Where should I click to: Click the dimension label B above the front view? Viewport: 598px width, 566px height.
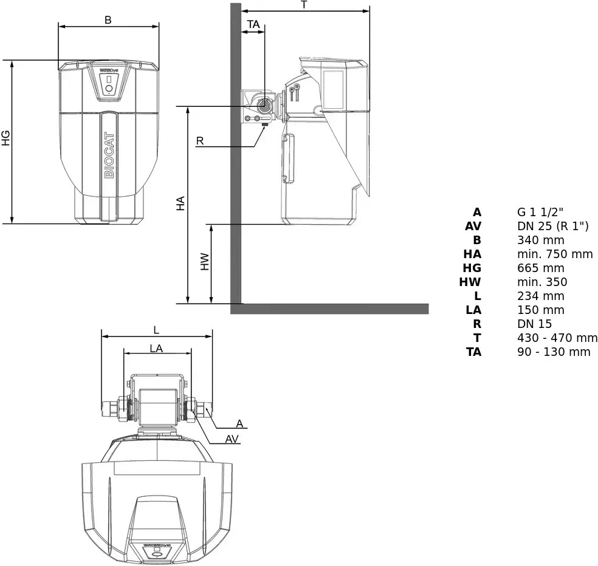108,20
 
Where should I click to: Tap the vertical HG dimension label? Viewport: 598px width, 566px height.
5,138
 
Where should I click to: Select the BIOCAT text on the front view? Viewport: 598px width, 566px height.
109,155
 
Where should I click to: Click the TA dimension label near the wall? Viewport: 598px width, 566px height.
253,24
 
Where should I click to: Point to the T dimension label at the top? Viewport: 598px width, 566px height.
304,5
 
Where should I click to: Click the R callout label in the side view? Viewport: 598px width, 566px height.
200,141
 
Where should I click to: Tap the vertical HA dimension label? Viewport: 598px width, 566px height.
180,203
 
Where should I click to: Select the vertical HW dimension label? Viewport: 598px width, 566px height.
205,262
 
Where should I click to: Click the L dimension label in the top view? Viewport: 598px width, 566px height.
156,330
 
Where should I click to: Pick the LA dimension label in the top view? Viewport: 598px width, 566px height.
156,349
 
